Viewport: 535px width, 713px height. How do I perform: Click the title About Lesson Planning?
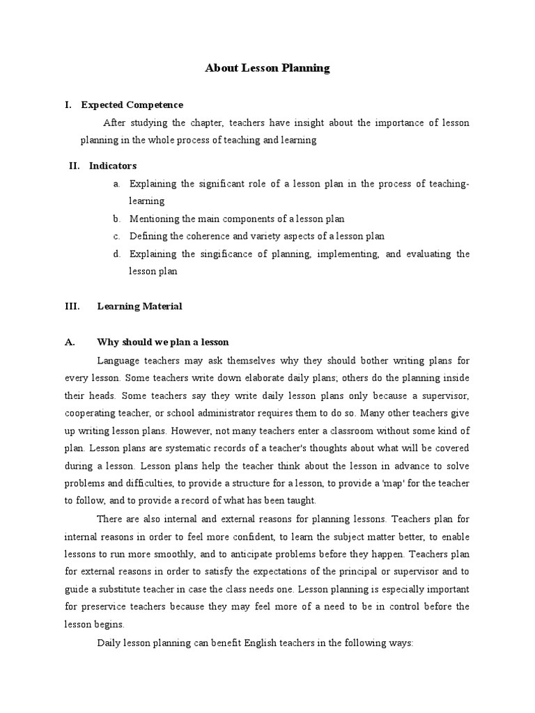pos(267,68)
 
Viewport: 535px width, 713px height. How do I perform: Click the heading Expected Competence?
pos(132,105)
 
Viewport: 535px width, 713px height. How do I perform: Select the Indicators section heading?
pos(113,166)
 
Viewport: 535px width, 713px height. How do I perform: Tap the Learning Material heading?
pos(139,306)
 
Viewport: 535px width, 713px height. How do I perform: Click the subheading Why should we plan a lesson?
pos(163,343)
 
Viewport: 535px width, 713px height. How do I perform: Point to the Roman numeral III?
pos(72,306)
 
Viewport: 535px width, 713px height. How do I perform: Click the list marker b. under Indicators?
pos(116,219)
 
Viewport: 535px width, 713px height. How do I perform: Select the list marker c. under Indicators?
pos(116,237)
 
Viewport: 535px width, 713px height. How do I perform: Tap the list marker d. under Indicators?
pos(116,254)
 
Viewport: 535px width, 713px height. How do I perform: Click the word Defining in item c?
pos(148,237)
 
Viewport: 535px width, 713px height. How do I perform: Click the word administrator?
pos(219,414)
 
